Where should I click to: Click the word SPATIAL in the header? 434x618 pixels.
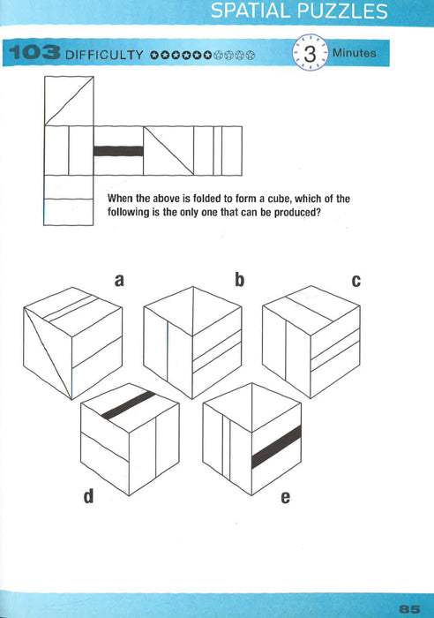(255, 12)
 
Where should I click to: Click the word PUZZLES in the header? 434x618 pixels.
(344, 12)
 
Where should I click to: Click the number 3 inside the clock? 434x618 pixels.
(309, 55)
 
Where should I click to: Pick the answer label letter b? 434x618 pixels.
(238, 282)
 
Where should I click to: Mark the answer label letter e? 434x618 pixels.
(285, 497)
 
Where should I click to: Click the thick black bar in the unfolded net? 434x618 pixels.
(118, 151)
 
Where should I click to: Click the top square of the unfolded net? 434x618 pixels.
(68, 101)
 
